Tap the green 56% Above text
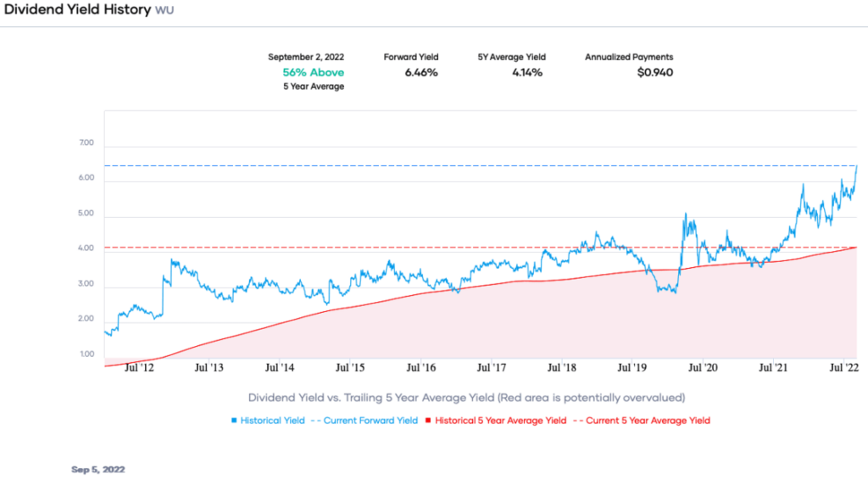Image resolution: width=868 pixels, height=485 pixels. (x=313, y=72)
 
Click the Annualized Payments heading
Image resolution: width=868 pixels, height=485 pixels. (x=629, y=57)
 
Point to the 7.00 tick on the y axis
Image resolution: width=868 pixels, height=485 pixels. (x=86, y=143)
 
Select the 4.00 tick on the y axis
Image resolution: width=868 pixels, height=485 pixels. (x=86, y=248)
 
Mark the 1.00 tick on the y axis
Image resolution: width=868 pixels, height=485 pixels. (x=86, y=354)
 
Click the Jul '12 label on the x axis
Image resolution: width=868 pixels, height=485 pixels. (x=137, y=368)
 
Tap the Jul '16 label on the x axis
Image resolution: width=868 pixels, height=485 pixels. (x=420, y=368)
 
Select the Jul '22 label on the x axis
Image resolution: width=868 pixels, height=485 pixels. (x=844, y=368)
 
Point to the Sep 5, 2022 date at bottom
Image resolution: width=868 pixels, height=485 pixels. (x=98, y=468)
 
